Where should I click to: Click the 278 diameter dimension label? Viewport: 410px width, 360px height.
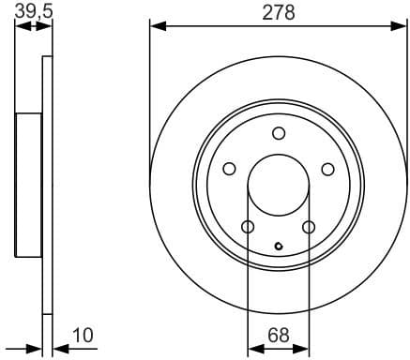278,12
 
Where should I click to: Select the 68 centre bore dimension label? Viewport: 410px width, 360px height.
278,335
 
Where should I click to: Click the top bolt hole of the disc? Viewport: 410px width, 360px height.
278,133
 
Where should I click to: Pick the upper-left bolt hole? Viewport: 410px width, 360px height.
228,170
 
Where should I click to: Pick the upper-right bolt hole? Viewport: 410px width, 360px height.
327,170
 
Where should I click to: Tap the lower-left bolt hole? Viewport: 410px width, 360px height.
248,228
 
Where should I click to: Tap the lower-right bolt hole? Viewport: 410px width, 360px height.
309,228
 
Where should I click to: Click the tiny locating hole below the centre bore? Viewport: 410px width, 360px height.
278,247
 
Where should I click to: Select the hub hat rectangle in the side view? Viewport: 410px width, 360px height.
30,184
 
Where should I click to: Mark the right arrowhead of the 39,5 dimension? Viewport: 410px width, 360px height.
47,25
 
